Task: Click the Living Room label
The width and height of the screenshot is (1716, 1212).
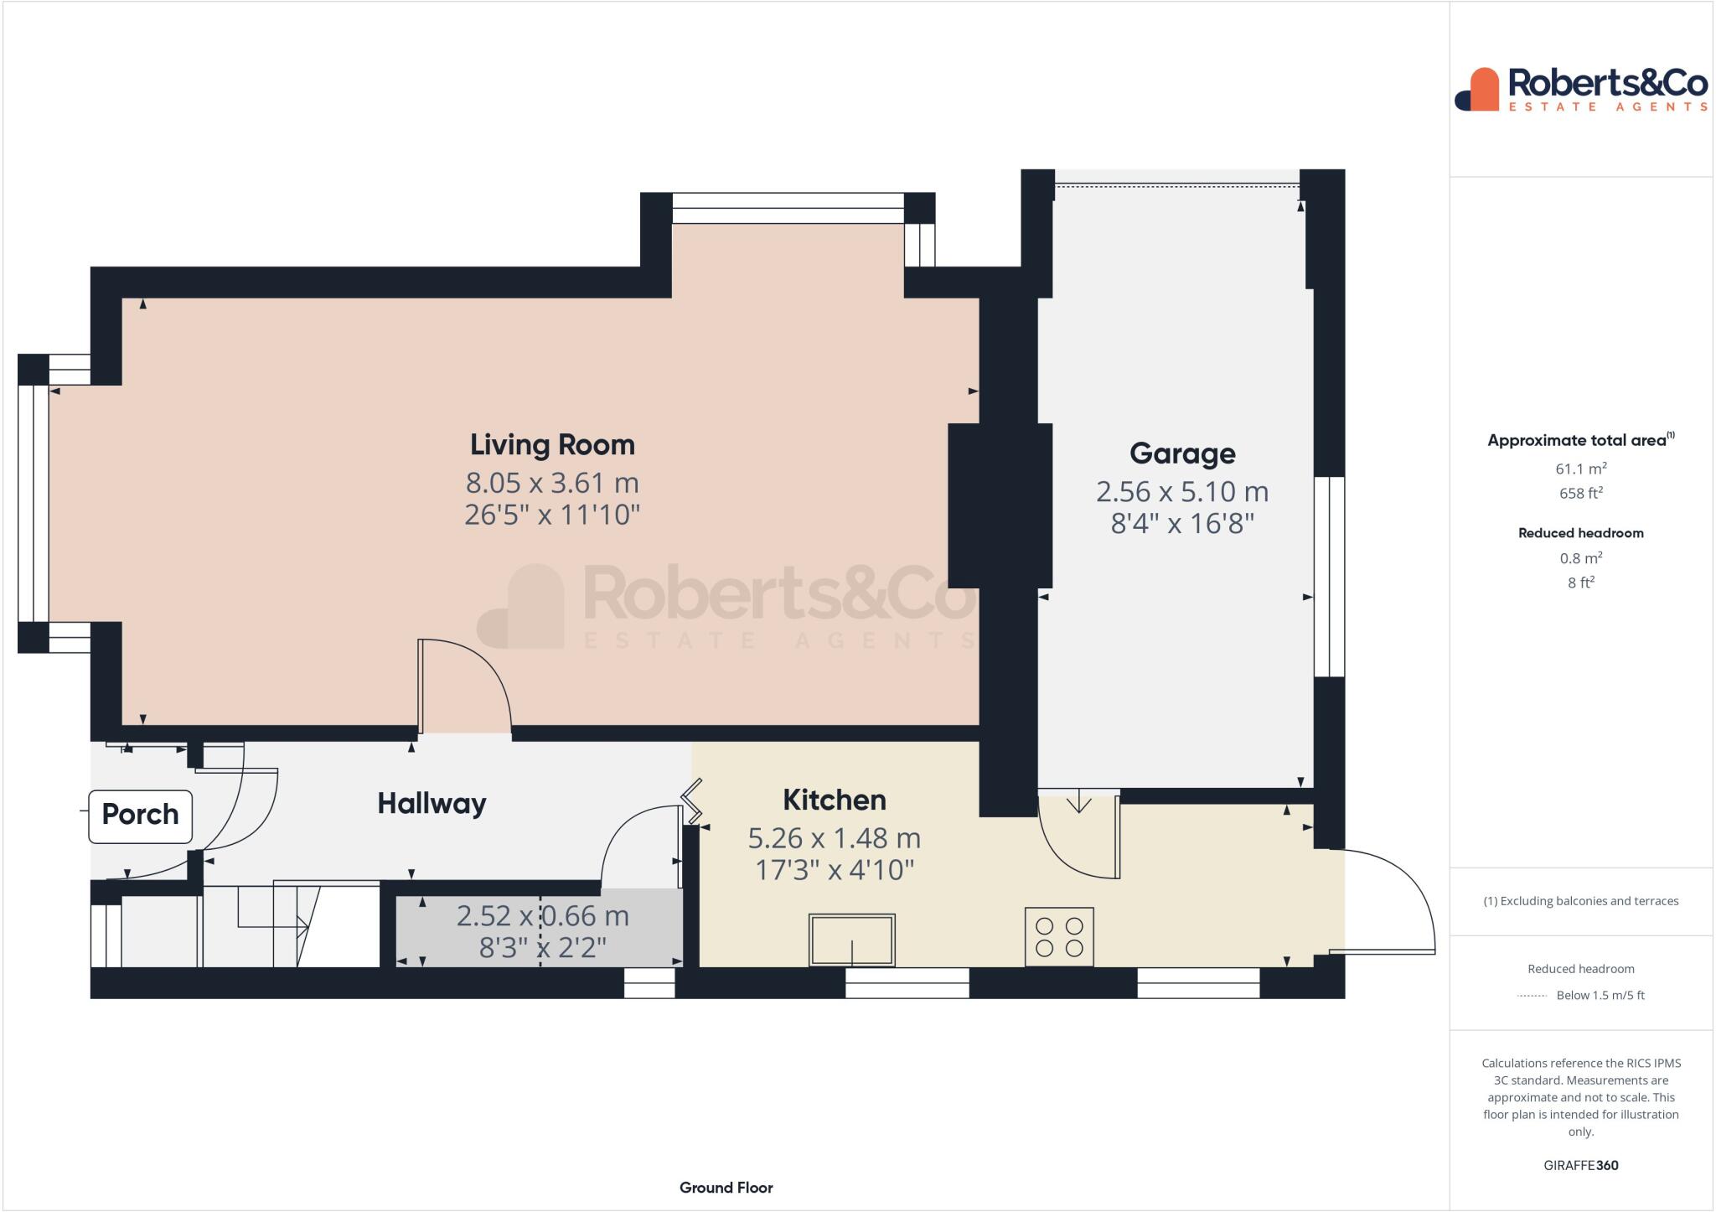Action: click(552, 444)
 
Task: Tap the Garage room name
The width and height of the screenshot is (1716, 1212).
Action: click(1181, 453)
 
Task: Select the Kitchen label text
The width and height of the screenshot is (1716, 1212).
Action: click(834, 800)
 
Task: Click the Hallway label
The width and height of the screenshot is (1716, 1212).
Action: click(432, 804)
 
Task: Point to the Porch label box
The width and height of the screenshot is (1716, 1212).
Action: click(140, 815)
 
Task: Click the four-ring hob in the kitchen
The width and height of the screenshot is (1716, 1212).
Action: click(1058, 936)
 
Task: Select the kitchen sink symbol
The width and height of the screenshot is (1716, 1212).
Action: click(851, 940)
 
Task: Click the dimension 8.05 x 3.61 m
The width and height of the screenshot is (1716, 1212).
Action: click(552, 483)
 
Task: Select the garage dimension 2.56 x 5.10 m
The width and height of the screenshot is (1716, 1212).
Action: click(1181, 491)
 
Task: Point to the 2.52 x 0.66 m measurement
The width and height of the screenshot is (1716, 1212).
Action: click(542, 915)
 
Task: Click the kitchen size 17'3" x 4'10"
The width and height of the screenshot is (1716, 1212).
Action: click(834, 870)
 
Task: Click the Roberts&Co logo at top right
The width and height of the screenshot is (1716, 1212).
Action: click(1580, 90)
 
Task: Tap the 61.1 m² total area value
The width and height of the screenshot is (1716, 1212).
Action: click(1580, 469)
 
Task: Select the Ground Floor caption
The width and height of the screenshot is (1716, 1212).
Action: click(726, 1187)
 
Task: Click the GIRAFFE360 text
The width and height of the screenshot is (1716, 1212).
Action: click(1580, 1165)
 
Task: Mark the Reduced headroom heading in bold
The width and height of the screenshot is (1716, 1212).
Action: click(1580, 533)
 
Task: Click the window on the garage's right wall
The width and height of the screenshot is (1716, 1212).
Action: click(1329, 577)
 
